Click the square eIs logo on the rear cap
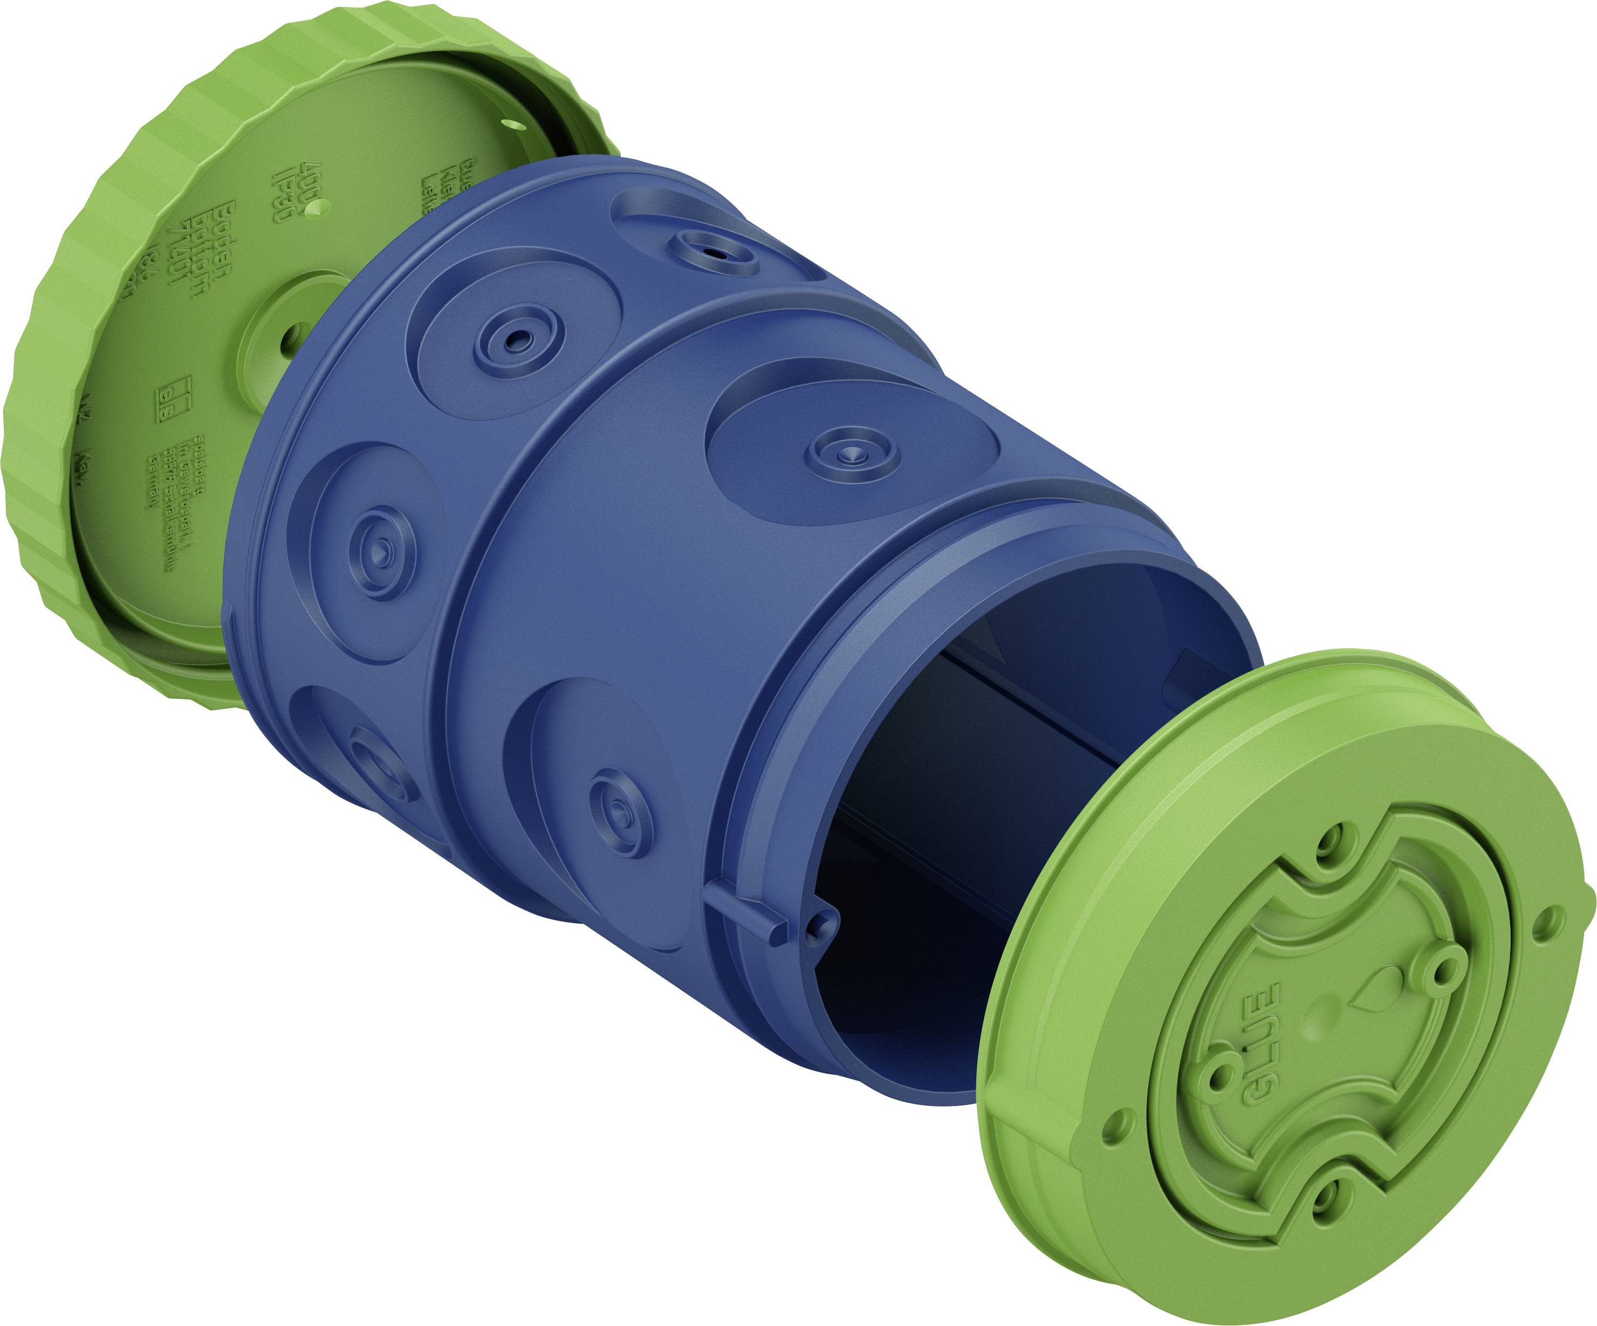(x=175, y=394)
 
